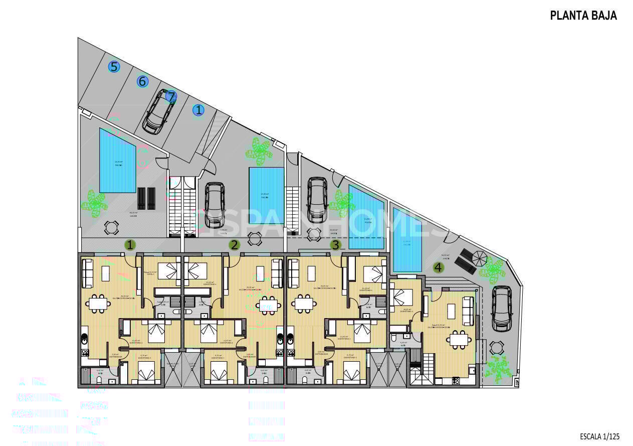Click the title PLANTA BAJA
(583, 16)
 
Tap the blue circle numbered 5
(114, 67)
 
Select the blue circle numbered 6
(143, 81)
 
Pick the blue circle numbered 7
(171, 96)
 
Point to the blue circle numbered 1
(199, 110)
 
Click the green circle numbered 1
(130, 245)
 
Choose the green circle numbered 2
(234, 245)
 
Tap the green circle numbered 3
(336, 245)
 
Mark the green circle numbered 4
(439, 267)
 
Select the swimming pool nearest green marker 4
(406, 241)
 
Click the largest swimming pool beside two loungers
(118, 161)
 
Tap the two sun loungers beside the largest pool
(147, 198)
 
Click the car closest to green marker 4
(501, 309)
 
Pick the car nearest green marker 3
(317, 199)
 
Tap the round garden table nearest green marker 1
(111, 228)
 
